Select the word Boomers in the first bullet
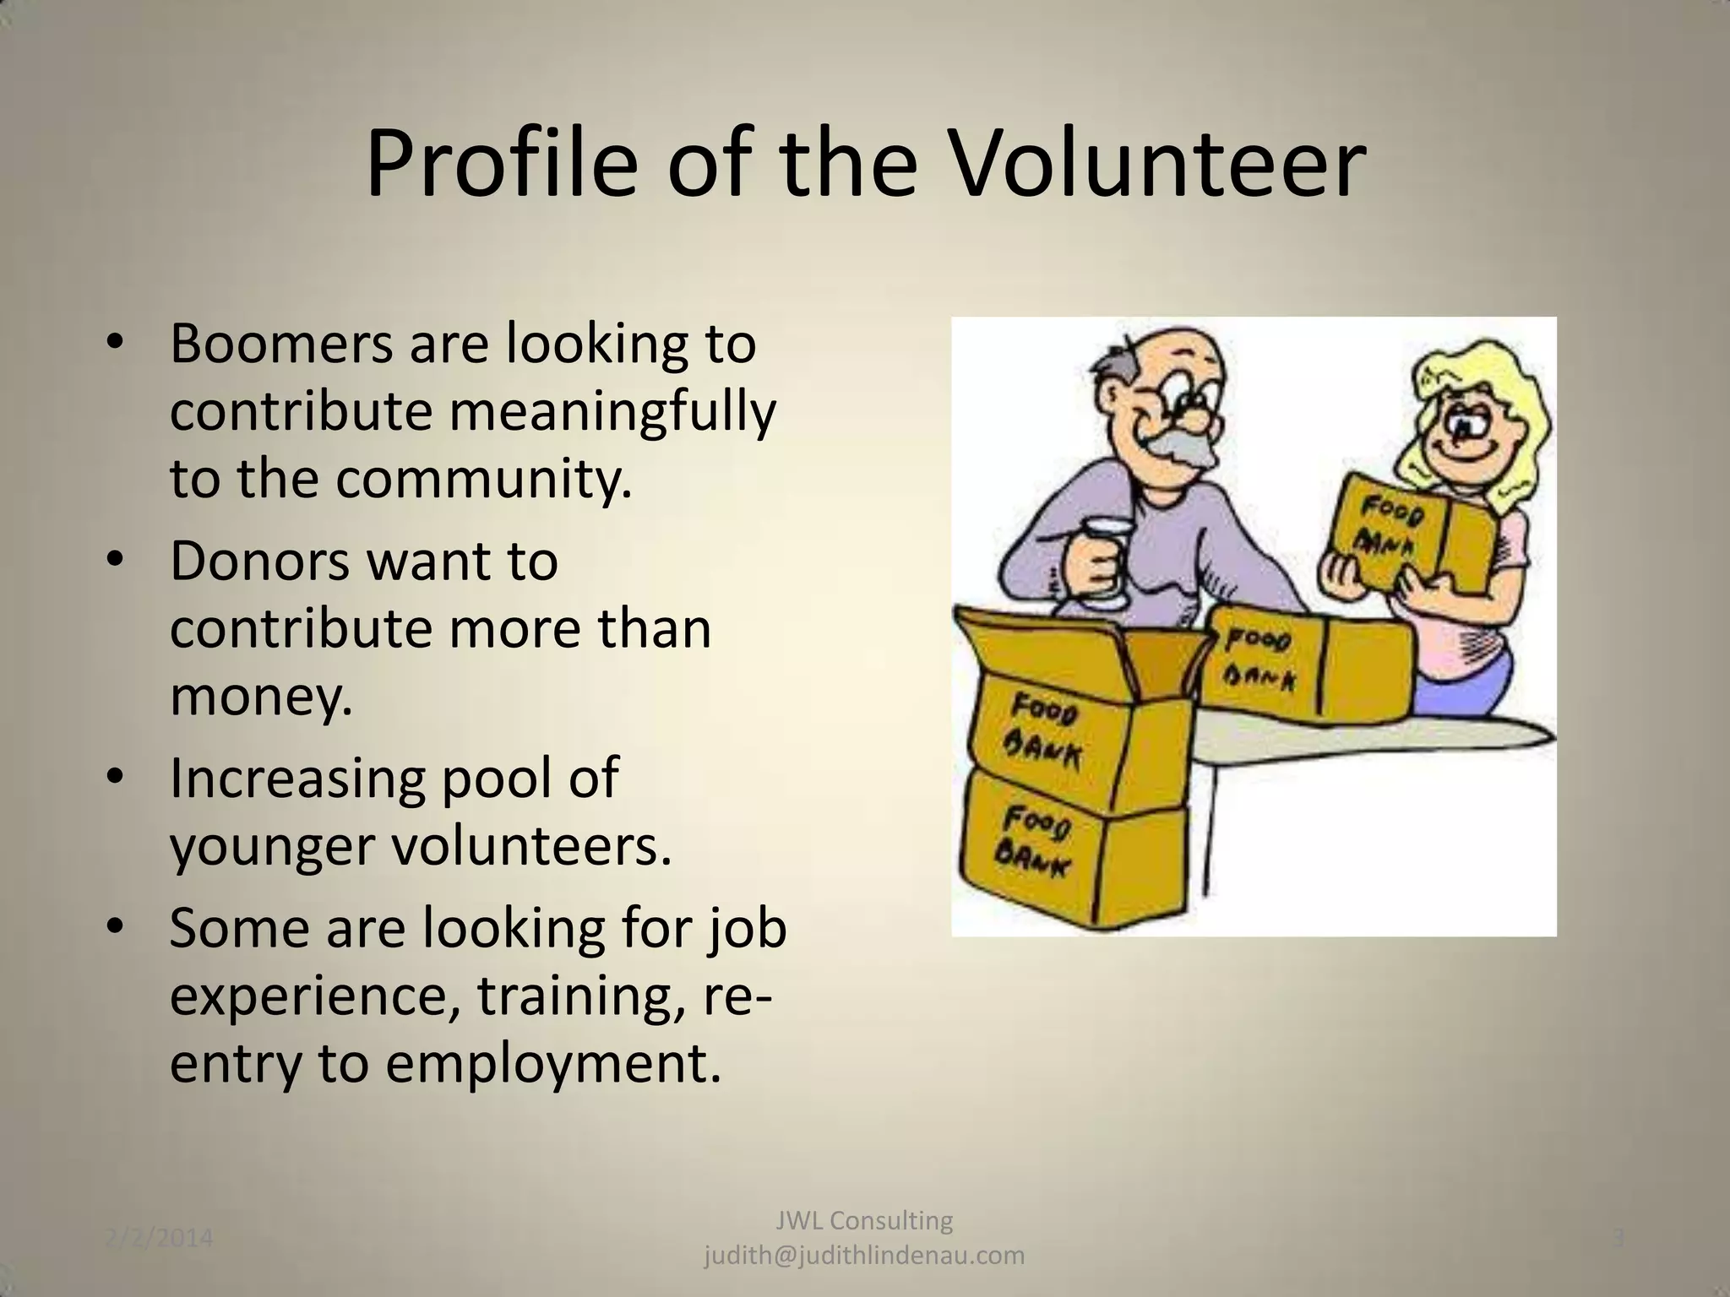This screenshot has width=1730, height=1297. click(x=281, y=344)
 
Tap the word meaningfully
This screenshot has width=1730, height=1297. click(x=611, y=411)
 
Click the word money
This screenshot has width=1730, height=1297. click(x=259, y=697)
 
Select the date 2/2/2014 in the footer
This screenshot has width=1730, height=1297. click(x=160, y=1240)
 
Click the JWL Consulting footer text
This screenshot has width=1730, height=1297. click(x=864, y=1220)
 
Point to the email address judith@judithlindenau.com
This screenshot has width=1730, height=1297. click(x=864, y=1256)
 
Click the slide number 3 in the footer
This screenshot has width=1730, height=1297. click(x=1618, y=1240)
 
